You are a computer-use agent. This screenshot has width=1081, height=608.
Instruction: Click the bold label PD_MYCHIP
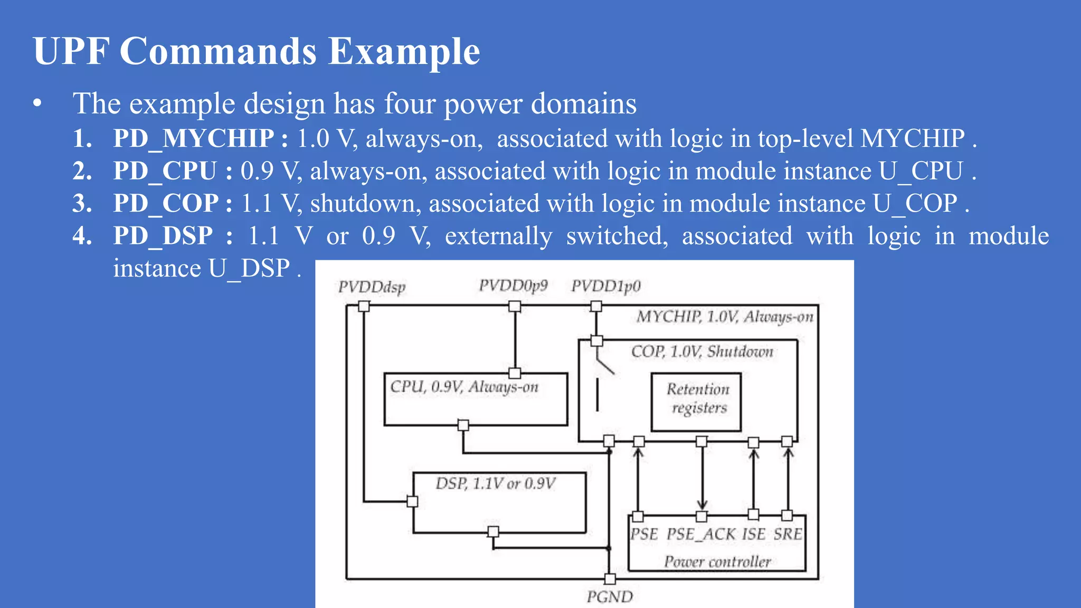(x=194, y=138)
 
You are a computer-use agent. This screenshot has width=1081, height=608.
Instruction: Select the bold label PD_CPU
(x=165, y=171)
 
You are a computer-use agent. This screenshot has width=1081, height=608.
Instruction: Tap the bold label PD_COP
(x=166, y=203)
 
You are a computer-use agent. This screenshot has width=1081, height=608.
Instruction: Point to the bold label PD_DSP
(x=163, y=235)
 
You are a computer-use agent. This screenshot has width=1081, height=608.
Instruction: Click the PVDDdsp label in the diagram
(x=372, y=287)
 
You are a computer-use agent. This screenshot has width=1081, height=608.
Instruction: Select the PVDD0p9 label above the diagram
(x=513, y=286)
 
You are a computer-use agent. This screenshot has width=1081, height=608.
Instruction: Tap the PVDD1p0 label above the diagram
(x=606, y=286)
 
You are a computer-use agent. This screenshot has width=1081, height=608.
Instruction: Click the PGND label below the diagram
(x=610, y=597)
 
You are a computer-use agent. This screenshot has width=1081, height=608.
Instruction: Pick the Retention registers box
(x=697, y=402)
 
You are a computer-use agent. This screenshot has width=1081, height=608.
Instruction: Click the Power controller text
(x=717, y=562)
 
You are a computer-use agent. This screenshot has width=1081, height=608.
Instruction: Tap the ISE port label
(x=753, y=534)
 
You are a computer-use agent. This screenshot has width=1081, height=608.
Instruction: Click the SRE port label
(x=788, y=534)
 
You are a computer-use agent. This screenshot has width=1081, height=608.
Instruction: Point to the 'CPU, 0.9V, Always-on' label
(x=464, y=387)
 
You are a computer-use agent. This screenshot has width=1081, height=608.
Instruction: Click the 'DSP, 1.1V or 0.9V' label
(x=495, y=483)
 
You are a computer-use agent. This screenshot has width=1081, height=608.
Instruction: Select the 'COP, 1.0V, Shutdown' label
(x=702, y=351)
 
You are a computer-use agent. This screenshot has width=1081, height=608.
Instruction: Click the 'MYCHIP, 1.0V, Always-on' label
(x=725, y=317)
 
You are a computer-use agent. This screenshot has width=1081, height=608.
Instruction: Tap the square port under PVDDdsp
(x=364, y=306)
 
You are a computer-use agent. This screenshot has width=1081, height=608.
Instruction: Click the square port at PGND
(x=610, y=579)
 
